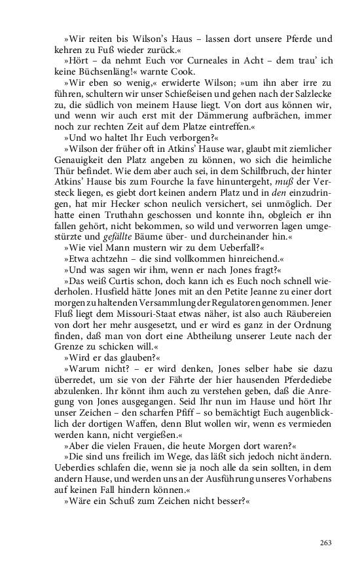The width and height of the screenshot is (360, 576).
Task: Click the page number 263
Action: tap(327, 543)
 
